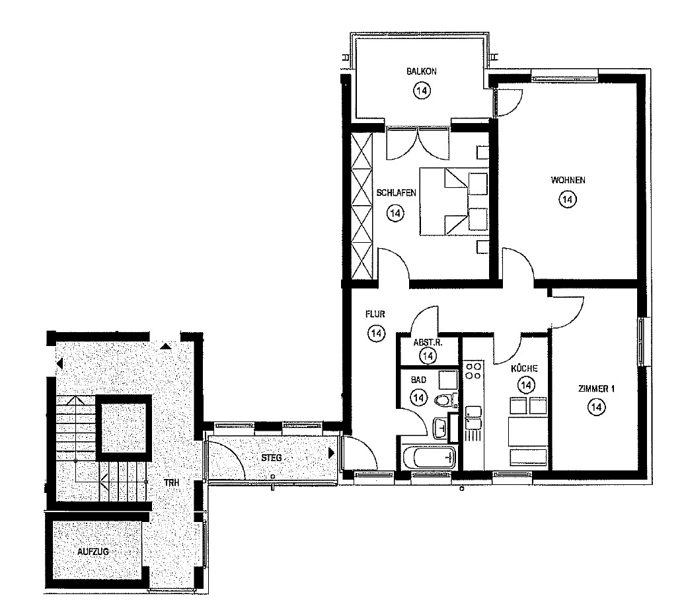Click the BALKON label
[421, 71]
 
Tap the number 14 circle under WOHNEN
[568, 199]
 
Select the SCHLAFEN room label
[397, 193]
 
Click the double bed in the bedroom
[453, 202]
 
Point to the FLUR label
[375, 314]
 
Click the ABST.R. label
[428, 343]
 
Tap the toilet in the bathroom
[445, 400]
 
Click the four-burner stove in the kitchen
[473, 371]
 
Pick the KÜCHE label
[524, 369]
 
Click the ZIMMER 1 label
[596, 388]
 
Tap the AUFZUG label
[93, 552]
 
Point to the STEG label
[271, 459]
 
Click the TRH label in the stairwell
[172, 483]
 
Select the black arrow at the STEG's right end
[332, 453]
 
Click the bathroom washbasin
[439, 427]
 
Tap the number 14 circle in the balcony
[422, 91]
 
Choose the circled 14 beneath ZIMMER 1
[596, 408]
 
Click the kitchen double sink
[473, 418]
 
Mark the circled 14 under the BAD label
[419, 398]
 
